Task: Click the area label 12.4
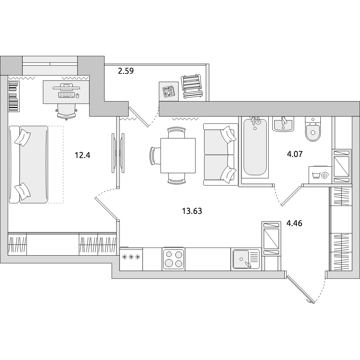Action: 82,155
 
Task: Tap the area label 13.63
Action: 192,211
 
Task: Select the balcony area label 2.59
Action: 126,71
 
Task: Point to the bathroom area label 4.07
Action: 295,154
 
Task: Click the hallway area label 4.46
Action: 294,223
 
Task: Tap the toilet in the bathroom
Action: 312,129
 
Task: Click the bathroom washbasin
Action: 283,124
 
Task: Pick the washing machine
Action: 320,175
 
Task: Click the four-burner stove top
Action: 173,259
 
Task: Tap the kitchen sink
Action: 246,259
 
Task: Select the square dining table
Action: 178,156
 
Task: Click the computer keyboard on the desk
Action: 67,95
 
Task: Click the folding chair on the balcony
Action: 192,86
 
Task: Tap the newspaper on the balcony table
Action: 168,91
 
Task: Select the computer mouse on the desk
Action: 78,95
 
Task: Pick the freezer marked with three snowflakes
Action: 131,259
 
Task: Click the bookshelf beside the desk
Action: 14,96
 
